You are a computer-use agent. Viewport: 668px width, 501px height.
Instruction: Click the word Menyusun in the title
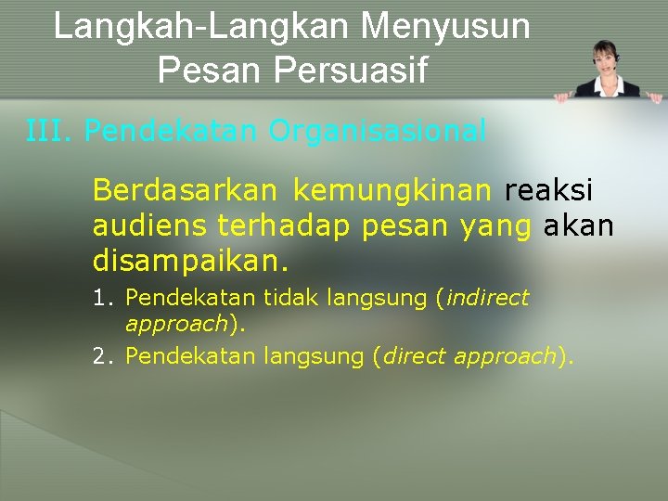click(445, 26)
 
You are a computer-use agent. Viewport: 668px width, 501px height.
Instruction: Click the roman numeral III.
click(48, 132)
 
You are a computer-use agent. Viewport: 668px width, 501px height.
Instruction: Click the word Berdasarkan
click(185, 190)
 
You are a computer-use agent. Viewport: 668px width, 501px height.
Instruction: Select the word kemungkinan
click(392, 190)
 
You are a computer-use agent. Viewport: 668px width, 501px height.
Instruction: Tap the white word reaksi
click(548, 190)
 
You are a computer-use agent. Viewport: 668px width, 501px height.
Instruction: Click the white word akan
click(579, 225)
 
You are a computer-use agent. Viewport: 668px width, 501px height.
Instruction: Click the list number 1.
click(101, 298)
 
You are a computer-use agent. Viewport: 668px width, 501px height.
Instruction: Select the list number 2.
click(101, 356)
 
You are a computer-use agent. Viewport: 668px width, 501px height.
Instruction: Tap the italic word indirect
click(488, 298)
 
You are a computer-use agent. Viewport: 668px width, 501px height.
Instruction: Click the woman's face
click(606, 58)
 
